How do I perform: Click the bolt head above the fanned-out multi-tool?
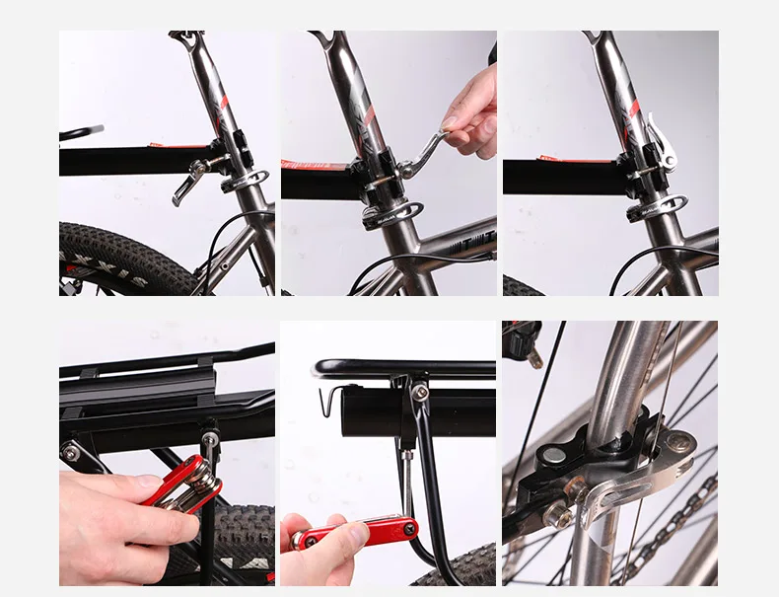click(x=209, y=426)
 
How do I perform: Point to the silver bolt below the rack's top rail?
click(x=420, y=393)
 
